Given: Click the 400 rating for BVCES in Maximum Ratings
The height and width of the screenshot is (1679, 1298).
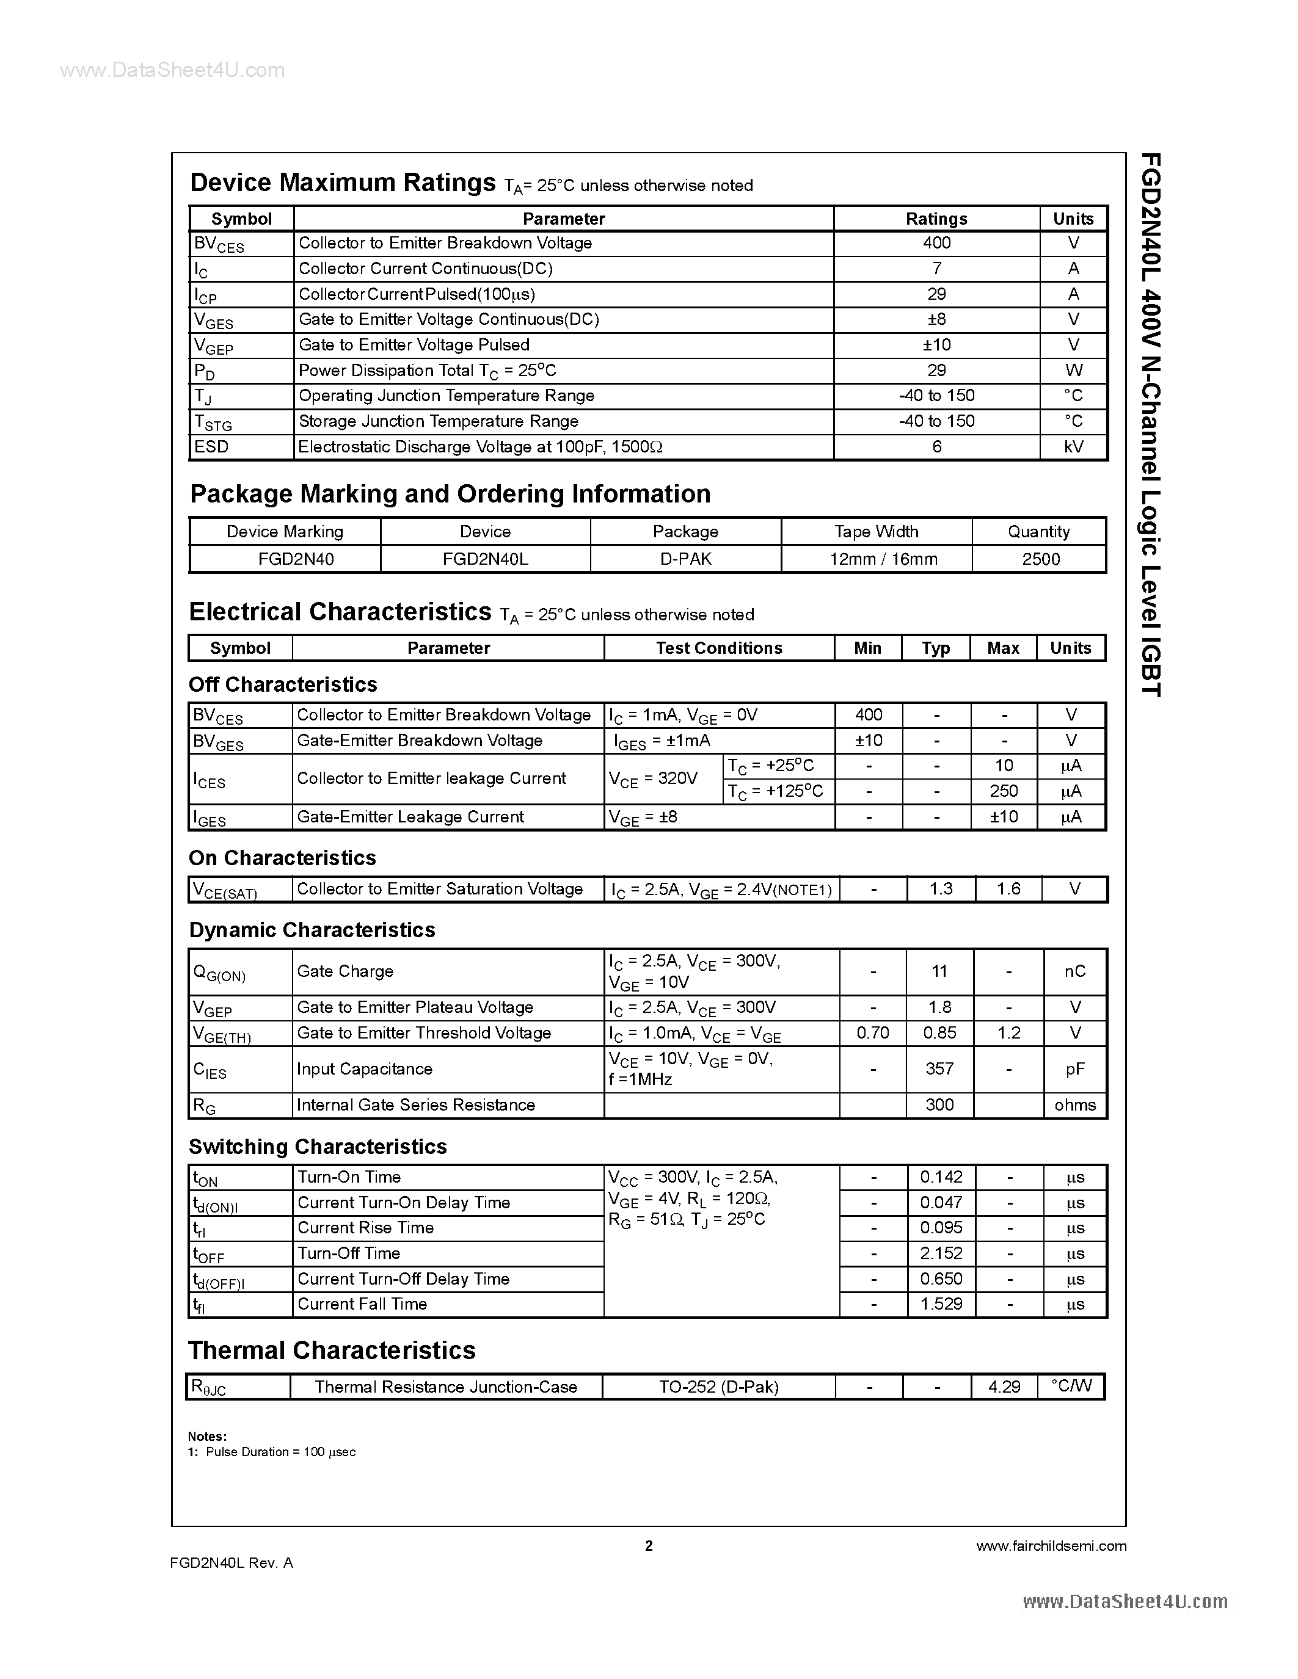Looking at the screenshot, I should click(x=936, y=243).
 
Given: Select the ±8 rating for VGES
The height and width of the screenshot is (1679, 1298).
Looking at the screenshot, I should click(x=936, y=319).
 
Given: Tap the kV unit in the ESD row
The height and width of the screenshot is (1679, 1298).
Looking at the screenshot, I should click(x=1073, y=447).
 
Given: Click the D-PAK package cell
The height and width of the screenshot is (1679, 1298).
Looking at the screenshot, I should click(x=685, y=559).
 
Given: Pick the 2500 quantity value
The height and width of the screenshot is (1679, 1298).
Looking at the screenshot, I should click(x=1040, y=559).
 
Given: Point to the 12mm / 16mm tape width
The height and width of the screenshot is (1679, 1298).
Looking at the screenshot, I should click(x=883, y=559).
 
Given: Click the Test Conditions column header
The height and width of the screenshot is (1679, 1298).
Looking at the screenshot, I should click(x=718, y=648).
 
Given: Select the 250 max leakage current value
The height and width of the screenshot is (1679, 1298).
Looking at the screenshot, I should click(x=1004, y=791).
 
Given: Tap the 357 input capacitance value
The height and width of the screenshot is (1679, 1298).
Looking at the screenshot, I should click(x=939, y=1068).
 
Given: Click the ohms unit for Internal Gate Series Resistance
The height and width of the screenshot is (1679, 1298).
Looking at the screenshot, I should click(x=1074, y=1104).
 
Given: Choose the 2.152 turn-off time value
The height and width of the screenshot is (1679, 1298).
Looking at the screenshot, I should click(x=941, y=1253).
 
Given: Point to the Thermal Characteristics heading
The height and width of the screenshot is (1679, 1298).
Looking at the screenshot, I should click(x=332, y=1350).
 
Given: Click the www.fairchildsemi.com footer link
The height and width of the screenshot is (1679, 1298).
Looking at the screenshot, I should click(x=1051, y=1546).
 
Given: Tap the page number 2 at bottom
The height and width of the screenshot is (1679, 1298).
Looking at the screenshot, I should click(x=648, y=1546).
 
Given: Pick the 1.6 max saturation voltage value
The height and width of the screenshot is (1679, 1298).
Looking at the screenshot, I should click(x=1008, y=890).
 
